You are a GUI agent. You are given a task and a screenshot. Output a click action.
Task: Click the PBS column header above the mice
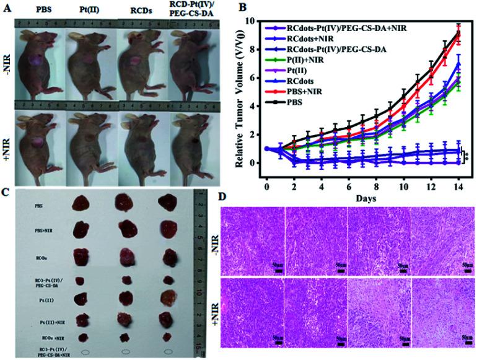point(42,11)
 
